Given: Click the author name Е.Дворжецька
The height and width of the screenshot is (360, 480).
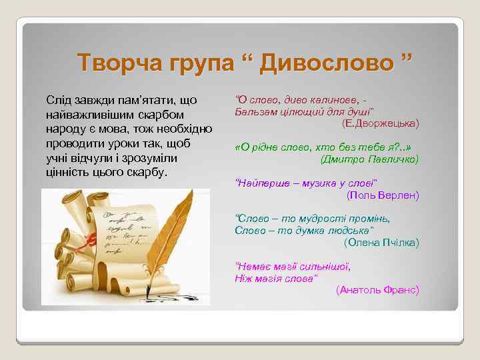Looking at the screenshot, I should [380, 123].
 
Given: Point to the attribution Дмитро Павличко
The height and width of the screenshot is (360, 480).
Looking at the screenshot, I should [369, 159].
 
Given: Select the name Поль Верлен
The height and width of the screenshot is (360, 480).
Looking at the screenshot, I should [383, 195].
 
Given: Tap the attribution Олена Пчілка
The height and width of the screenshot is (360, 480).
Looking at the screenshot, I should [381, 242].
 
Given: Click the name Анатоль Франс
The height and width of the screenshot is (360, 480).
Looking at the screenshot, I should [377, 289].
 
